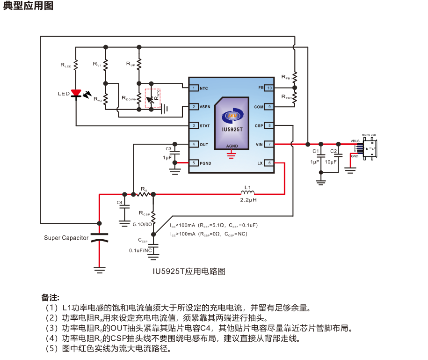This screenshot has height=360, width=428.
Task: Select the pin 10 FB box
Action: click(x=269, y=88)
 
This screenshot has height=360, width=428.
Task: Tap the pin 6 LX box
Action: click(x=269, y=163)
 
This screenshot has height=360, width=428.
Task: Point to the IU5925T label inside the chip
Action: click(x=232, y=129)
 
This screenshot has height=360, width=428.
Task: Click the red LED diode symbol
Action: click(x=76, y=93)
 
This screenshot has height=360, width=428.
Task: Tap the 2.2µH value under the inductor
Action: click(x=248, y=200)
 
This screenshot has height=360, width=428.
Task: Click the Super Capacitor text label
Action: click(x=66, y=238)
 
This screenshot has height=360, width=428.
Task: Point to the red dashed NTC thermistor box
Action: click(x=152, y=98)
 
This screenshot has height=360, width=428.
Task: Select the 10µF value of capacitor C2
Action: click(x=331, y=162)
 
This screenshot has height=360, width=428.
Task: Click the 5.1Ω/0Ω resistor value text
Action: click(x=143, y=224)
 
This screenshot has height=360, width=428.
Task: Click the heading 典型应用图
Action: click(x=28, y=6)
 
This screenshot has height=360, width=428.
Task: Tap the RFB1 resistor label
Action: click(x=286, y=76)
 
